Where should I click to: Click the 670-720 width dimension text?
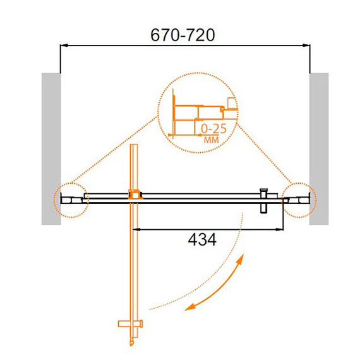coord(183,35)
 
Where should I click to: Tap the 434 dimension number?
coord(202,240)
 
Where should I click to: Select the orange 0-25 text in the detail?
coord(213,129)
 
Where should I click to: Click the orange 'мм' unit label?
coord(212,140)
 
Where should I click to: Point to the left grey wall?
coord(51,149)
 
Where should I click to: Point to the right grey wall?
coord(319,149)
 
